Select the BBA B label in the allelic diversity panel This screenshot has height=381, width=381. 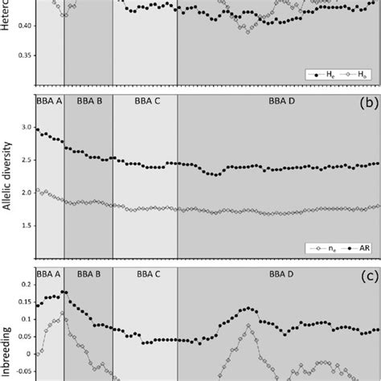click(x=88, y=101)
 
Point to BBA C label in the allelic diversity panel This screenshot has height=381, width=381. click(x=145, y=101)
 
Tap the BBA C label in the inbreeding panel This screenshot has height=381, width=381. click(x=145, y=274)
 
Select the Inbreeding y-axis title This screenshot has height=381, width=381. click(x=7, y=354)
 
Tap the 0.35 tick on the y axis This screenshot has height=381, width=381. click(x=24, y=55)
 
